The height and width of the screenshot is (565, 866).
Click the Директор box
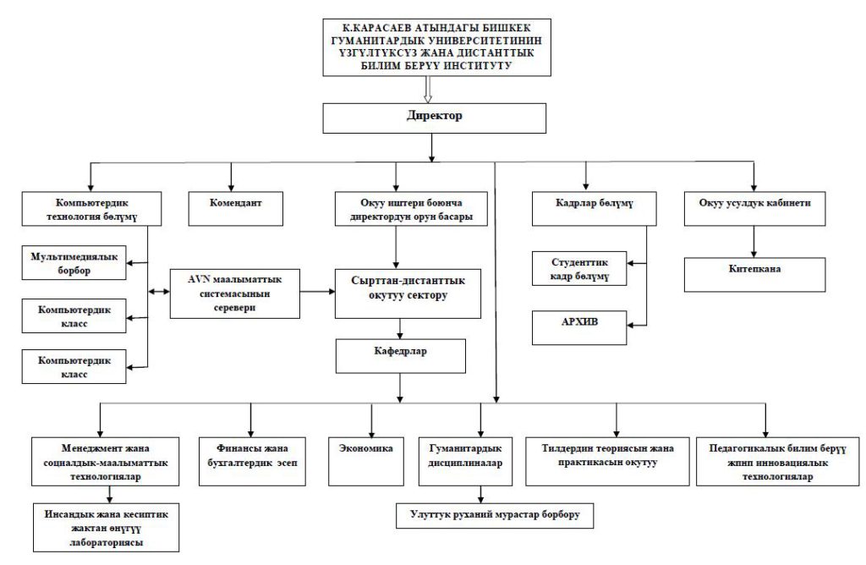click(x=434, y=118)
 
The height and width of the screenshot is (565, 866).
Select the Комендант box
click(x=236, y=208)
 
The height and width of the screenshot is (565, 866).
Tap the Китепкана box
click(x=754, y=275)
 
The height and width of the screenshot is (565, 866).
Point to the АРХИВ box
click(x=579, y=327)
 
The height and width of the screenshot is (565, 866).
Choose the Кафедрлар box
click(x=400, y=356)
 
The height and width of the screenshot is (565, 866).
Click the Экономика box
click(x=366, y=462)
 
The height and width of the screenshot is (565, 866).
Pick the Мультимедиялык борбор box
click(x=74, y=263)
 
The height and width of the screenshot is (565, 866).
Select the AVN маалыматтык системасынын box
click(x=235, y=293)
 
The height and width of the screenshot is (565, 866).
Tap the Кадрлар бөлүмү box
click(x=595, y=208)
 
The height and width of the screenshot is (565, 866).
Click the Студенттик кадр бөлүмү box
click(x=579, y=268)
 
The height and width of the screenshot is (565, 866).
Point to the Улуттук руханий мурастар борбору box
click(x=495, y=515)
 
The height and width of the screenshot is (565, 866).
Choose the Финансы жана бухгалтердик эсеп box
click(x=252, y=462)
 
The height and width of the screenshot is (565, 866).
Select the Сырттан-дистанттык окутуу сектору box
click(x=408, y=293)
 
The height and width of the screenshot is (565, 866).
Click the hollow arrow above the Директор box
click(x=427, y=90)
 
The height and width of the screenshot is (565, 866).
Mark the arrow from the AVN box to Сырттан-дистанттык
click(x=318, y=291)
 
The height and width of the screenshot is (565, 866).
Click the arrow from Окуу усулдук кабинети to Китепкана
click(x=754, y=241)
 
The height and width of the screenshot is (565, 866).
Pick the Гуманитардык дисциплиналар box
click(x=465, y=462)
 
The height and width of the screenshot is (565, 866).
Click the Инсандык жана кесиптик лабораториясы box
click(x=106, y=528)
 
